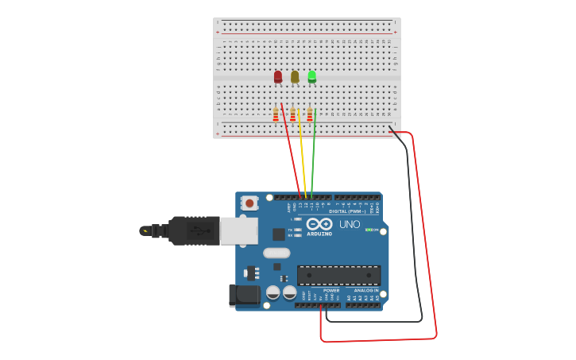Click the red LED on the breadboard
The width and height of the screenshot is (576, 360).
(278, 76)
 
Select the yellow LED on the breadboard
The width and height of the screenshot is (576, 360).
(295, 76)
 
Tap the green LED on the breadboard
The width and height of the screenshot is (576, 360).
(312, 76)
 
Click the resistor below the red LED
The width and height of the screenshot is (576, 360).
(276, 115)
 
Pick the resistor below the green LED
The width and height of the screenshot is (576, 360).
(310, 115)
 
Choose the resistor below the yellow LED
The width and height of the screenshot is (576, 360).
(292, 115)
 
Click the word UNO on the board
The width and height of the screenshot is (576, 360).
(350, 224)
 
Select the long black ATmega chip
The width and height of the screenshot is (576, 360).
(338, 275)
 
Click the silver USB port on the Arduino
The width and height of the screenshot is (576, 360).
(238, 230)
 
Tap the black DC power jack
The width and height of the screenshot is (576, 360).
(244, 295)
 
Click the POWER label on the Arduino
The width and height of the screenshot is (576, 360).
(331, 291)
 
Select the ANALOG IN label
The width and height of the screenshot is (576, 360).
(366, 291)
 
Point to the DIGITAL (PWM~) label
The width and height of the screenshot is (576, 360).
(347, 211)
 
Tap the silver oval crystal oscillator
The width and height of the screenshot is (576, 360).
(277, 253)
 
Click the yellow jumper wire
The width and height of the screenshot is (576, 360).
(303, 155)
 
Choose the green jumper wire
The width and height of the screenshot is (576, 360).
(314, 155)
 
